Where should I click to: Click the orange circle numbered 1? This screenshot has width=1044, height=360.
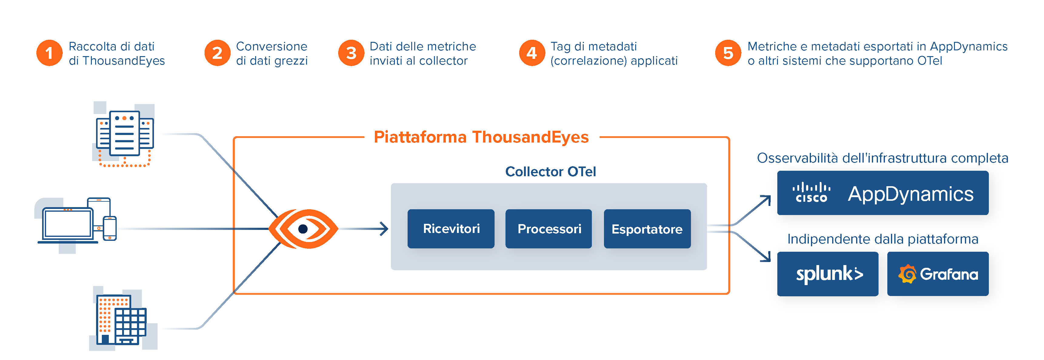(49, 53)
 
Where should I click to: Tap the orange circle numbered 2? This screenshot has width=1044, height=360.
(217, 53)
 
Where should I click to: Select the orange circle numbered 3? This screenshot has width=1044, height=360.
(351, 53)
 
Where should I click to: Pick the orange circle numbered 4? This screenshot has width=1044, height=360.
(532, 53)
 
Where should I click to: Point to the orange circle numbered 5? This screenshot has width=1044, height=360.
(728, 53)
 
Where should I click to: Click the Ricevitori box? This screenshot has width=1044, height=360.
(451, 229)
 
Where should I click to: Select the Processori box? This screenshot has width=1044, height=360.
(549, 229)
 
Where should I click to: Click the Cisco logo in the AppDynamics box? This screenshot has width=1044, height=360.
(811, 193)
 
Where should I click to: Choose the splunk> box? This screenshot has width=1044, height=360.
(828, 274)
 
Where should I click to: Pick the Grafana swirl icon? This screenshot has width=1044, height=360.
(907, 274)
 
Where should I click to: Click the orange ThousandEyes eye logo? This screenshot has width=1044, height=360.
(303, 229)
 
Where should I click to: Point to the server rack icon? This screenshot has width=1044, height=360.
(125, 135)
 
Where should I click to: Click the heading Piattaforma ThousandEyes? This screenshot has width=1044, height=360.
(481, 137)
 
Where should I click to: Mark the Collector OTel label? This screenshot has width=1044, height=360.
(550, 171)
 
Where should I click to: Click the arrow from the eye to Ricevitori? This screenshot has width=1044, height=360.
(365, 229)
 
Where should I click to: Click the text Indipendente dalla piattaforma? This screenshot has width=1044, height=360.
(883, 239)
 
